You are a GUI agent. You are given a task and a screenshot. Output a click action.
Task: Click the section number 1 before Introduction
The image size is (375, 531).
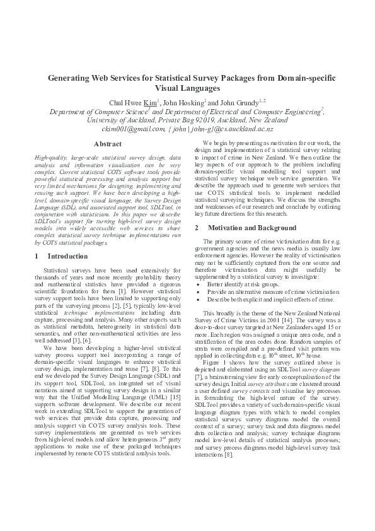pyautogui.click(x=37, y=256)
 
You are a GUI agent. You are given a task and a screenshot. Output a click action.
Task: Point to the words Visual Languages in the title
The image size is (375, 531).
pyautogui.click(x=187, y=89)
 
